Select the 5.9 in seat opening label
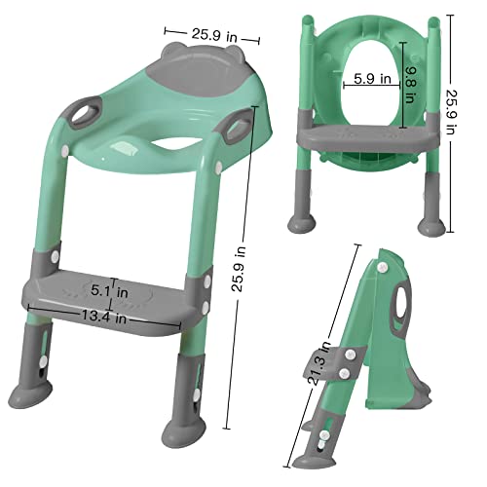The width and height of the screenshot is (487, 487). point(373,76)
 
